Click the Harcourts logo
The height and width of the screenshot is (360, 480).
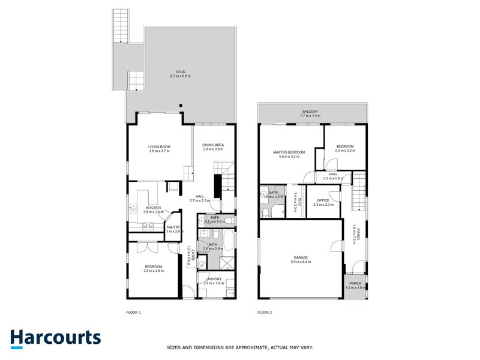(55, 337)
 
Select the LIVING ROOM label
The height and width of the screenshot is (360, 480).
(160, 147)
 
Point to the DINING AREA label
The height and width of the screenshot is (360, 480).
(212, 145)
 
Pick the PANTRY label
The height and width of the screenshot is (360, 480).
(173, 227)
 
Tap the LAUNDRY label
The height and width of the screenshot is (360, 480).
(214, 279)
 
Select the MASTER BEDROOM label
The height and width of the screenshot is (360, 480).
(289, 152)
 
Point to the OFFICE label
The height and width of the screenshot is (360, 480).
(323, 200)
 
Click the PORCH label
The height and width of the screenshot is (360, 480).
(355, 284)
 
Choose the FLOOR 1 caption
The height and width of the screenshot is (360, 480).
(133, 313)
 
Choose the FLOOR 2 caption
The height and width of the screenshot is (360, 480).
(265, 313)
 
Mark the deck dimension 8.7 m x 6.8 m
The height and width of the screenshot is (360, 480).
(180, 76)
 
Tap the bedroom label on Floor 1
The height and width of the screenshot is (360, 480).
(154, 266)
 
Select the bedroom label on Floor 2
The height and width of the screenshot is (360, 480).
(345, 146)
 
